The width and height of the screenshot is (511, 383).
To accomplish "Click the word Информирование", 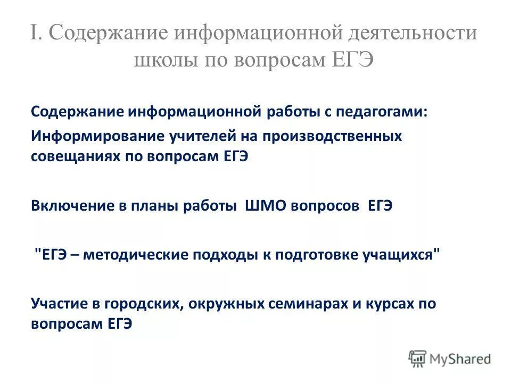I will (100, 136).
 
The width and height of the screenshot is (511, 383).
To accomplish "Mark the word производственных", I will (331, 136).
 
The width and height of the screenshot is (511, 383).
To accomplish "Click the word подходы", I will (221, 255).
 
